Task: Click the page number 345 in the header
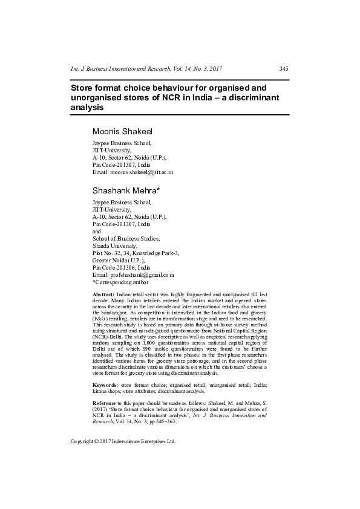pyautogui.click(x=283, y=68)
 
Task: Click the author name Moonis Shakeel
pyautogui.click(x=122, y=131)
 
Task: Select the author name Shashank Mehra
pyautogui.click(x=126, y=190)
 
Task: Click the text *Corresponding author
pyautogui.click(x=120, y=282)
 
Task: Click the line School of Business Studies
pyautogui.click(x=126, y=239)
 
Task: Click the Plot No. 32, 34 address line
pyautogui.click(x=136, y=253)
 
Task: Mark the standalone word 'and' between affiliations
pyautogui.click(x=97, y=232)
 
